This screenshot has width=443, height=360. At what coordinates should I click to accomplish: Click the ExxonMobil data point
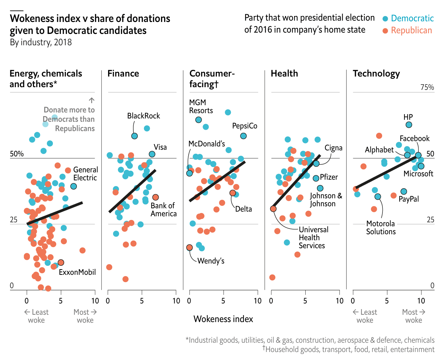[61, 263]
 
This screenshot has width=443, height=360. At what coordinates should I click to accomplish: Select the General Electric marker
[74, 186]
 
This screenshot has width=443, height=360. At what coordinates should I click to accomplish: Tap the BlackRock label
[143, 116]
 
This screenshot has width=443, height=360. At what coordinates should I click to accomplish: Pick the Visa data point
[152, 154]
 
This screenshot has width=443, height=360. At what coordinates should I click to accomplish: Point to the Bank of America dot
[155, 197]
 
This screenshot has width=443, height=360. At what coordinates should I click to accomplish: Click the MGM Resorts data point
[199, 120]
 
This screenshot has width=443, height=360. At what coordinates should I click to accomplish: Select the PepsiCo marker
[243, 136]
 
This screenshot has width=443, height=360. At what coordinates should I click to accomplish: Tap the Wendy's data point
[189, 248]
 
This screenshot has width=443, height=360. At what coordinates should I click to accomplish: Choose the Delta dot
[232, 193]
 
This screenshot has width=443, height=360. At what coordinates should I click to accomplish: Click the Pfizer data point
[316, 178]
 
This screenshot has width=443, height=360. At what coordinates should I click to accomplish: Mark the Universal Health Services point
[273, 209]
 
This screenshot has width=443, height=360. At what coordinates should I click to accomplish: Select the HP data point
[409, 125]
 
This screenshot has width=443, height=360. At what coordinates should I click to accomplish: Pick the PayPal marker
[403, 191]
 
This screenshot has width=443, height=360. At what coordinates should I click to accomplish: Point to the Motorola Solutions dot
[377, 197]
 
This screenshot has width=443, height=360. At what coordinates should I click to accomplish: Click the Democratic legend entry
[412, 18]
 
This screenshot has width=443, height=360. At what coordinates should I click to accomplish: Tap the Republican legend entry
[411, 30]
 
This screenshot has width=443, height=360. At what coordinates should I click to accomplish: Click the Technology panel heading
[376, 74]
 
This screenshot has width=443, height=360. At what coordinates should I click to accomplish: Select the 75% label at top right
[427, 87]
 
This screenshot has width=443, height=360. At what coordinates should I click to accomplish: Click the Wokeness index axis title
[223, 319]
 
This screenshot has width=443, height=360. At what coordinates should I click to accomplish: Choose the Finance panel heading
[123, 74]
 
